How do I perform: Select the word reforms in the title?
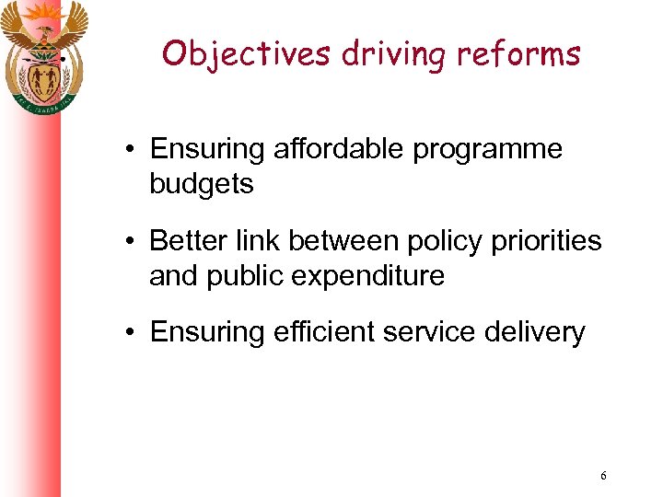coord(525,54)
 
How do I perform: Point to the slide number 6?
coord(603,476)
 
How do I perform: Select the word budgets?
coord(201,184)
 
